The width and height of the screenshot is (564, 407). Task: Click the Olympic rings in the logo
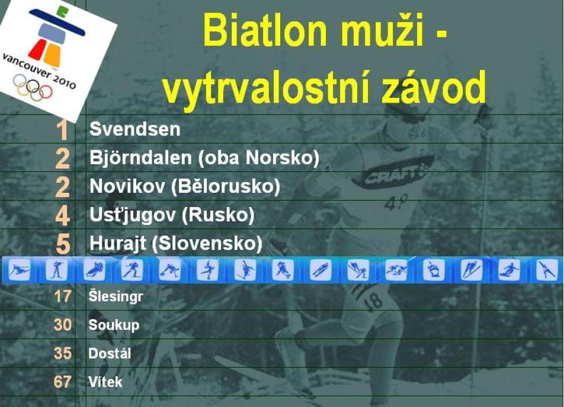[x=33, y=87]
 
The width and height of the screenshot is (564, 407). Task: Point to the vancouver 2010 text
[x=39, y=71]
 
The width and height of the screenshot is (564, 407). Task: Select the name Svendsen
[x=135, y=129]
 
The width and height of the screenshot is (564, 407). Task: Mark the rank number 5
[x=63, y=244]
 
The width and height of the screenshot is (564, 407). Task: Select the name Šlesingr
[x=116, y=297]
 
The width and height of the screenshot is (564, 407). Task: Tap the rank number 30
[x=63, y=325]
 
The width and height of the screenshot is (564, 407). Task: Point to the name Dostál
[x=110, y=354]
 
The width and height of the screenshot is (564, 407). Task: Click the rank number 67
[x=62, y=382]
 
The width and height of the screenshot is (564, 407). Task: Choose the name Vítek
[x=105, y=382]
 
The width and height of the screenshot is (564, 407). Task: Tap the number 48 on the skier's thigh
[x=373, y=301]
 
